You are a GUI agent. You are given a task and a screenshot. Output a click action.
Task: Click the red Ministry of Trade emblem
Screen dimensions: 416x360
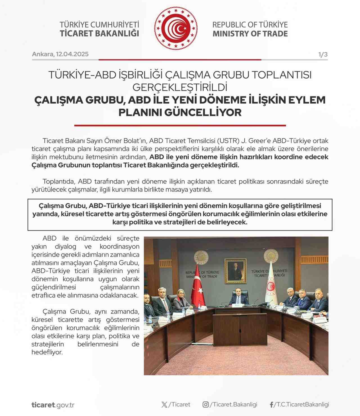click(x=175, y=28)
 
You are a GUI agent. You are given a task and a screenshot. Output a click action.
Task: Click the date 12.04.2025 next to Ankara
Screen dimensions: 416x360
click(x=72, y=54)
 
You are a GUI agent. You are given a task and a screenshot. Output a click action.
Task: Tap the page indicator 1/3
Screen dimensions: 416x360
click(x=323, y=54)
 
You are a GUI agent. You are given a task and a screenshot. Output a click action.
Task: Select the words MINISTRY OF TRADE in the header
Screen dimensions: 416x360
click(x=250, y=34)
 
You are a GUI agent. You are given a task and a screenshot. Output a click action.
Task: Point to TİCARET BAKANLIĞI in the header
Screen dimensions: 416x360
click(x=99, y=33)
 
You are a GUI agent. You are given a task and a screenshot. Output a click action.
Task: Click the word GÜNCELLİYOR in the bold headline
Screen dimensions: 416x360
click(x=203, y=112)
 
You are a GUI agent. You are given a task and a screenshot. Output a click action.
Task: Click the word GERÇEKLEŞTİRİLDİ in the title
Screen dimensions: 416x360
click(x=180, y=87)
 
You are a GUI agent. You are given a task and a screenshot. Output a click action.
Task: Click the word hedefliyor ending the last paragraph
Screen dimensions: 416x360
click(x=47, y=352)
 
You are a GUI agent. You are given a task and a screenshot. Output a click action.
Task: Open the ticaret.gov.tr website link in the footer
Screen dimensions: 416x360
click(x=53, y=405)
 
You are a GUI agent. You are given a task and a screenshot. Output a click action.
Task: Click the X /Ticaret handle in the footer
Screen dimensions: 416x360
click(x=176, y=404)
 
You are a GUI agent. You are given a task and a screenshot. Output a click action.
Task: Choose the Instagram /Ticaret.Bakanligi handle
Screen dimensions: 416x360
click(x=230, y=404)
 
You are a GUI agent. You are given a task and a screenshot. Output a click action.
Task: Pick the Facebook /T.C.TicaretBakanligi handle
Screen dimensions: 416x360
click(x=299, y=404)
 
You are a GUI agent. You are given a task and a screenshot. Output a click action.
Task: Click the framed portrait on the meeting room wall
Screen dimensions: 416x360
click(x=235, y=271)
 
